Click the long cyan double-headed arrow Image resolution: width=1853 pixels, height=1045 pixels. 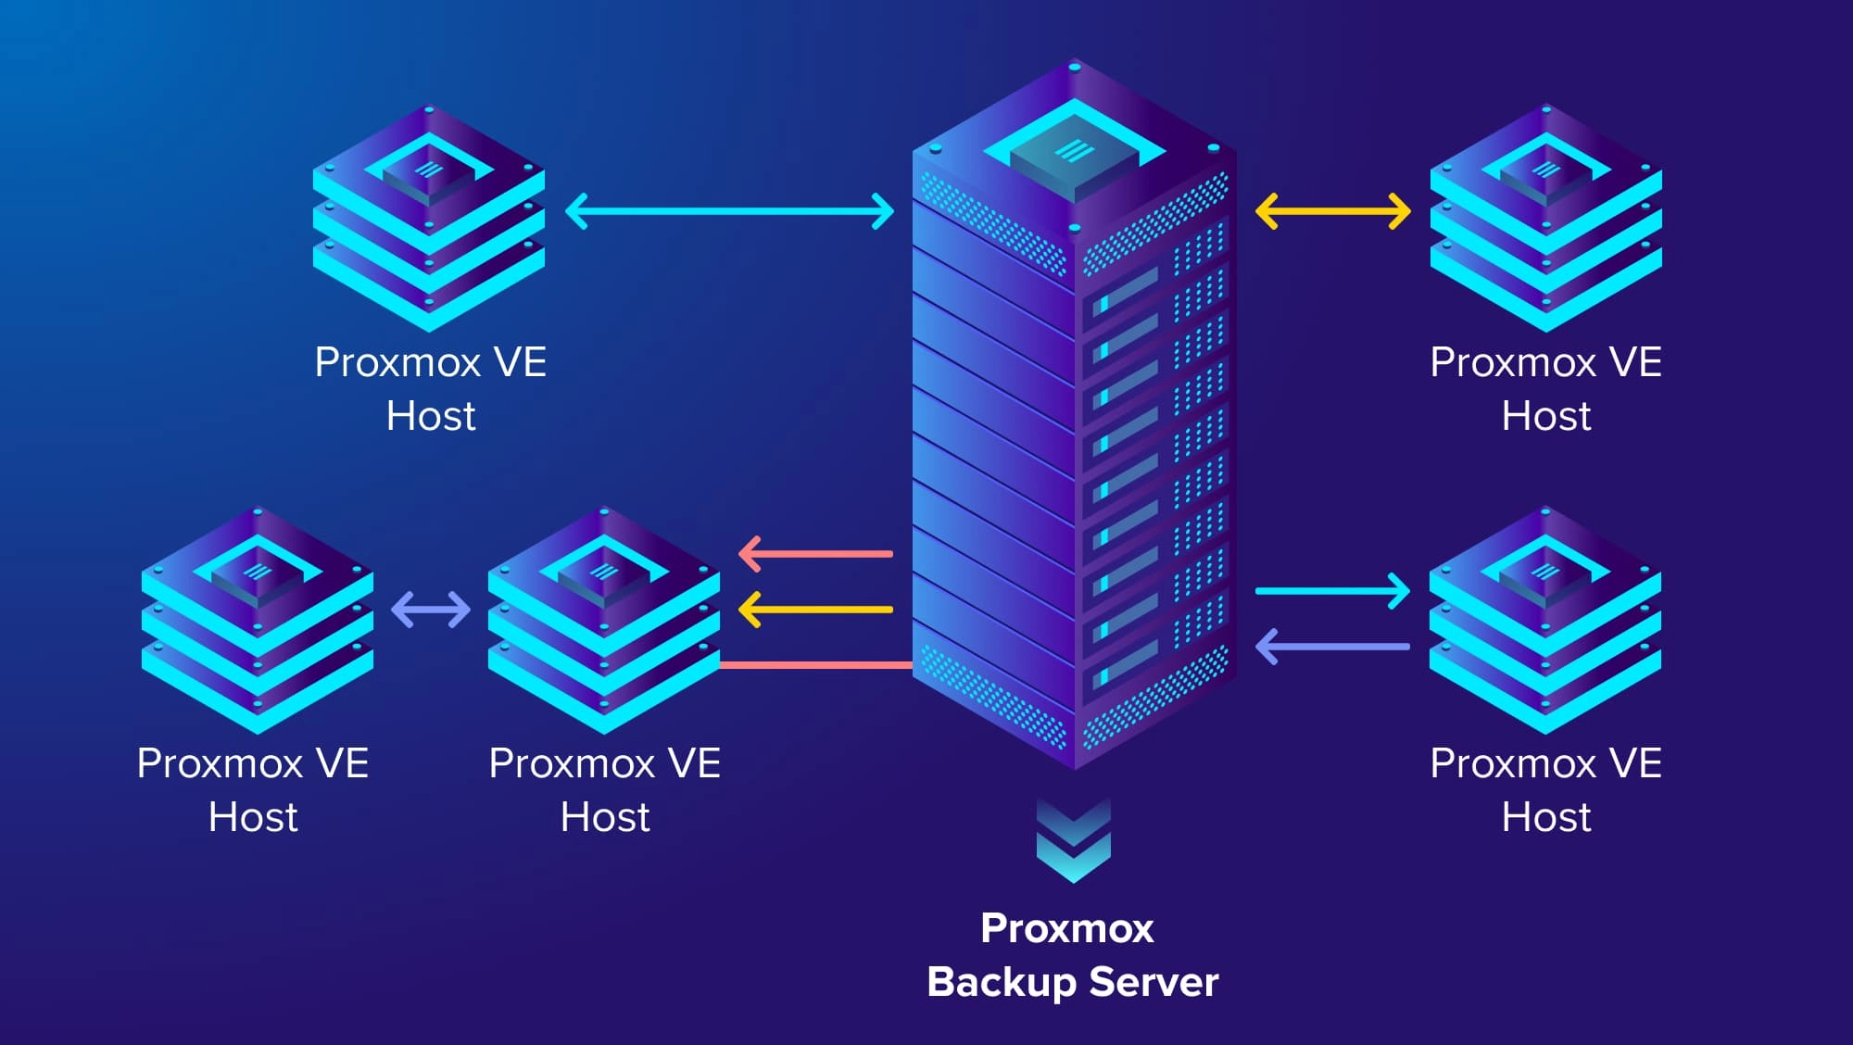coord(730,211)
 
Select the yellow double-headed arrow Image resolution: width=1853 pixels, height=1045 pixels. coord(1332,211)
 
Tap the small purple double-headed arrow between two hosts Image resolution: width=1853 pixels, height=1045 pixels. coord(431,610)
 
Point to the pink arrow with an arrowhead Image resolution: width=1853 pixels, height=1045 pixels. coord(815,554)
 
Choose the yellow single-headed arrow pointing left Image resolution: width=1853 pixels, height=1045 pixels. coord(815,610)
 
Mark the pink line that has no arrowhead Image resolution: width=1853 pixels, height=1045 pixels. coord(815,664)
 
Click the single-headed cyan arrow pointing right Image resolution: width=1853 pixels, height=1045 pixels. coord(1332,590)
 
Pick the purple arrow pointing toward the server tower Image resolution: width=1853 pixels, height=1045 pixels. coord(1332,647)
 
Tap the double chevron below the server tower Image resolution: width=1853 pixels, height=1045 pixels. coord(1073,839)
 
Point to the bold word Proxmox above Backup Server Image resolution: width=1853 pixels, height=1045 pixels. coord(1067,928)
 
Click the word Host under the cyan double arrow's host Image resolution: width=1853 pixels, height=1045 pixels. coord(431,416)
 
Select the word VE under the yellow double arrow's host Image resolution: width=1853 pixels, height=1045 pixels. coord(1635,362)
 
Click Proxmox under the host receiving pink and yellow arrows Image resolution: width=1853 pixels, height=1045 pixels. coord(572,764)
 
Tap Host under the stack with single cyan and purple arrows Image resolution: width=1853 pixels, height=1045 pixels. coord(1545,817)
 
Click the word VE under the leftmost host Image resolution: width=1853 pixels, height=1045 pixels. coord(342,763)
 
